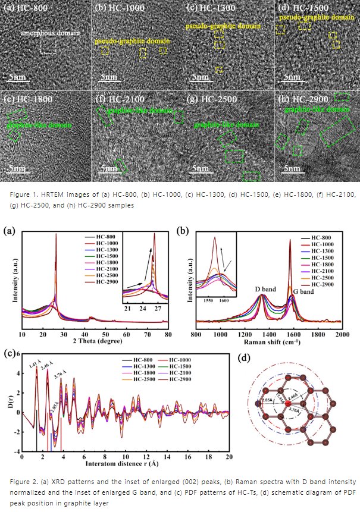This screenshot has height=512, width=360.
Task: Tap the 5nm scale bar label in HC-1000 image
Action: (x=108, y=77)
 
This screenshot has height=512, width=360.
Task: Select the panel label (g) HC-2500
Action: (x=212, y=99)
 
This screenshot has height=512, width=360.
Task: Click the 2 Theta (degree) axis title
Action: (x=95, y=344)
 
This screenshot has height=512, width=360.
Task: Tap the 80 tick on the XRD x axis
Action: (x=168, y=335)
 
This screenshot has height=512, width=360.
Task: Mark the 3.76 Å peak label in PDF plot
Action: (x=61, y=375)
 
